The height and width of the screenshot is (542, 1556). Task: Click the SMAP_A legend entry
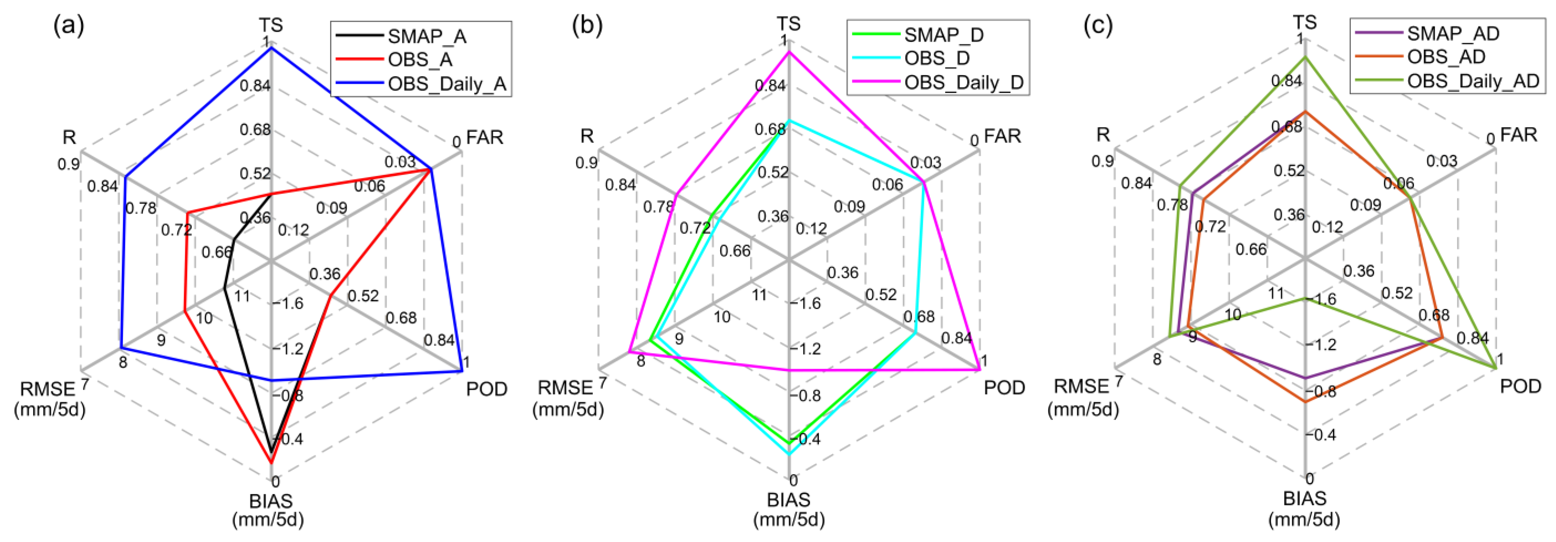coord(426,36)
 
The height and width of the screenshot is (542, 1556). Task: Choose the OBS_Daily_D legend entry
coord(964,82)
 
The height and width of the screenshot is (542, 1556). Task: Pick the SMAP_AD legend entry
coord(1453,33)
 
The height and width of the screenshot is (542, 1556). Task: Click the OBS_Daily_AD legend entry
coord(1473,80)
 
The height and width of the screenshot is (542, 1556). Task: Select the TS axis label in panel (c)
coord(1304,23)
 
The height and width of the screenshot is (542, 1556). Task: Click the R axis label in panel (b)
coord(587,136)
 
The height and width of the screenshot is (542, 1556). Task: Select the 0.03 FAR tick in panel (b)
coord(926,162)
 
